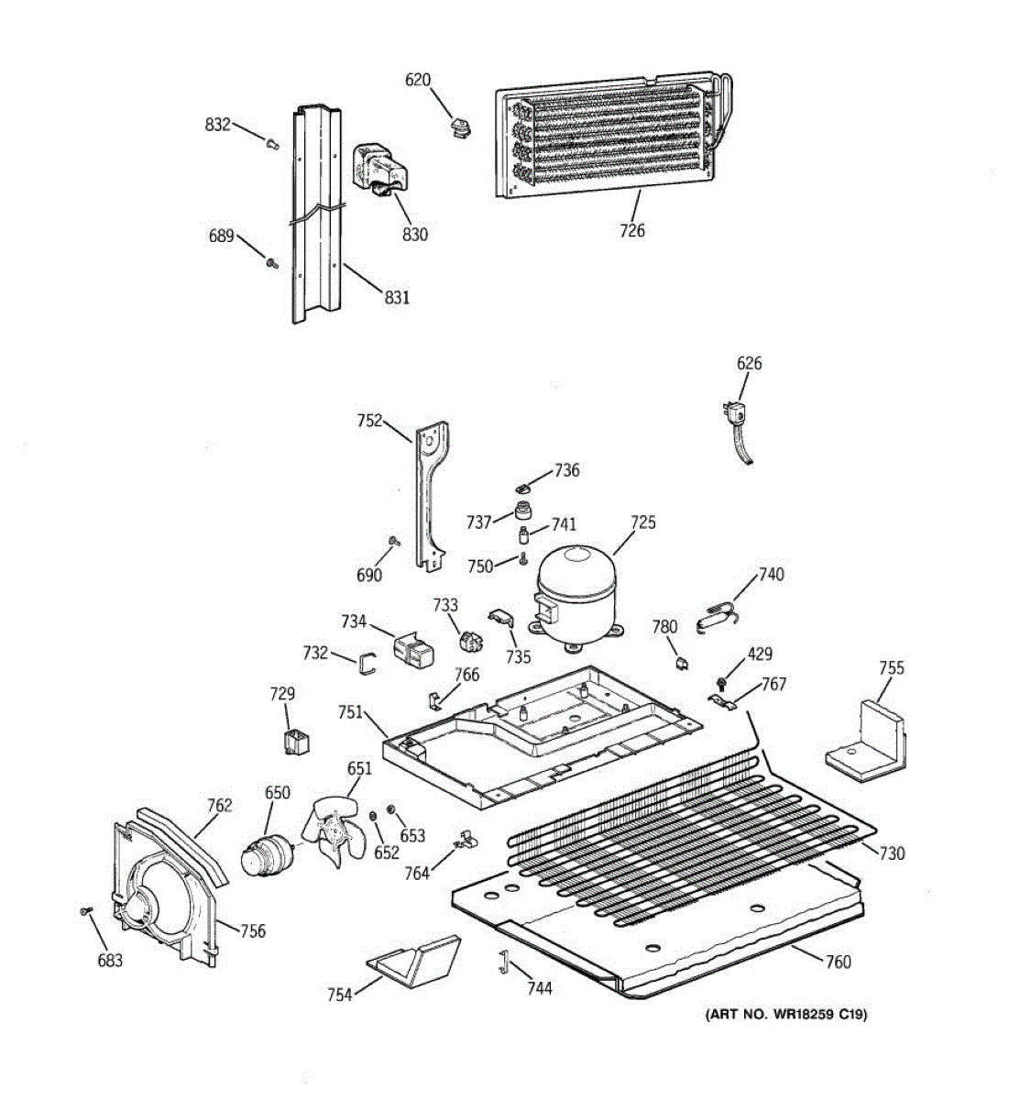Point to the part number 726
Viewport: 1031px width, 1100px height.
[632, 230]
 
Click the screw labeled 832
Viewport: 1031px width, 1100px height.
[272, 144]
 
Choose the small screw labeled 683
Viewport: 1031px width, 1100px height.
[86, 910]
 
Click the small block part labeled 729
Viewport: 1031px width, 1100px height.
[296, 742]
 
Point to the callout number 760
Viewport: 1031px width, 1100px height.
[839, 962]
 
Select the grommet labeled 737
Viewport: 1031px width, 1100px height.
[521, 510]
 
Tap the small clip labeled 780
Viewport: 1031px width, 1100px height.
[682, 663]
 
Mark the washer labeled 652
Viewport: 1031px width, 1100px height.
[373, 815]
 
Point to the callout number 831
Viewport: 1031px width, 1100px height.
[397, 297]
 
